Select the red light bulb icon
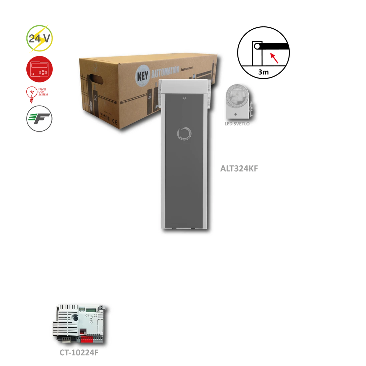[x=32, y=94]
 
